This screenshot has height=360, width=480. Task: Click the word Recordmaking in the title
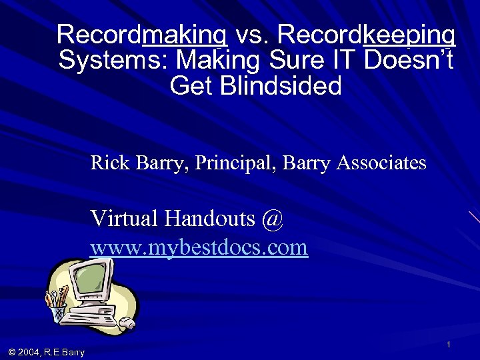[x=142, y=34]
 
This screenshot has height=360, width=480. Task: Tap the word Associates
[x=381, y=162]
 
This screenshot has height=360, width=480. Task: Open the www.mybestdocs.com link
[x=199, y=248]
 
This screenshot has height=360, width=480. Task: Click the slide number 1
[x=449, y=344]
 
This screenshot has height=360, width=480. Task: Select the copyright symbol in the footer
[x=13, y=352]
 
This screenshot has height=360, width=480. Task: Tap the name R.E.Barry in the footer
[x=66, y=352]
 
